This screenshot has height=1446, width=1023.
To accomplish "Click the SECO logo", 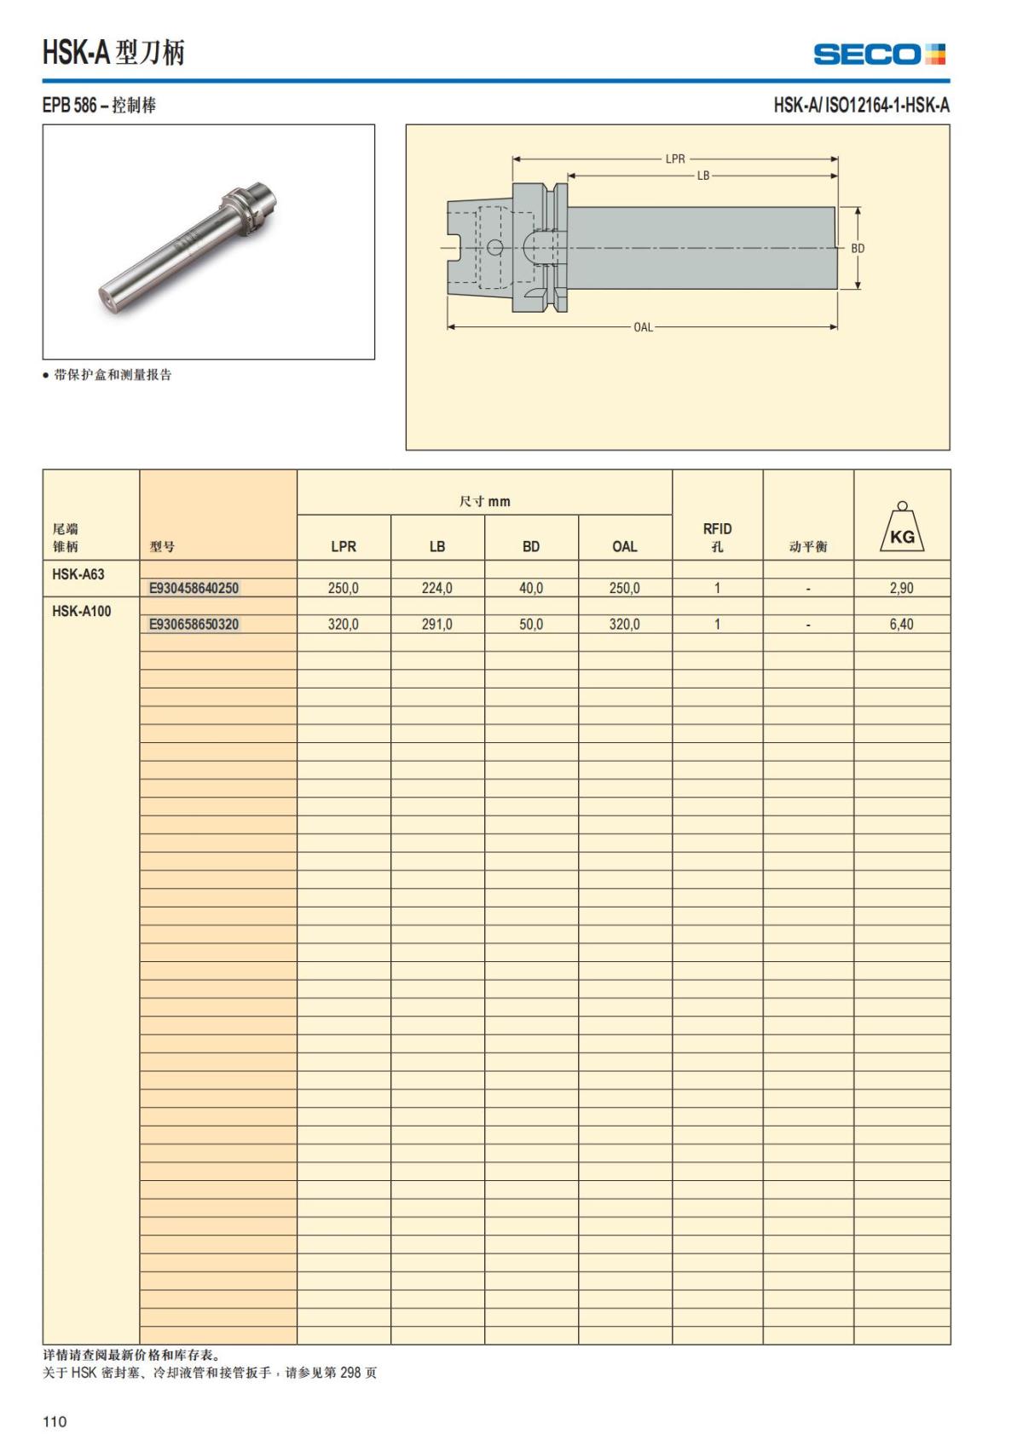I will point(879,55).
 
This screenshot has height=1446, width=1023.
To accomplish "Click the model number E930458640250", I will point(194,588).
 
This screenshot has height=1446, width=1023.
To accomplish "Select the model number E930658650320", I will point(194,625).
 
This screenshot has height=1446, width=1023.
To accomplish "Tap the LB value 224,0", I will point(436,588).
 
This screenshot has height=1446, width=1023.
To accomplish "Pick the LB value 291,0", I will point(436,625).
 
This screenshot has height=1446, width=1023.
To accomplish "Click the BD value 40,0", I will point(530,588).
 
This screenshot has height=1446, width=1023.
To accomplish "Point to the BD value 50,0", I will point(530,625).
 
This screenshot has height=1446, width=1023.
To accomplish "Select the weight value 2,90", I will point(901,588).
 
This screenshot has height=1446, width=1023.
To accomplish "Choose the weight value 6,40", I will point(901,625).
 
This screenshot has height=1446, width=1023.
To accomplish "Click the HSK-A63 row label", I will point(78,574).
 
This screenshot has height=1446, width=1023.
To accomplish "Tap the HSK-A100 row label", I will point(82,611).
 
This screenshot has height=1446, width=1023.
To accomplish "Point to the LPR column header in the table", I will point(344,547).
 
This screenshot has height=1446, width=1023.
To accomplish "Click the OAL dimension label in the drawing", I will point(643,327).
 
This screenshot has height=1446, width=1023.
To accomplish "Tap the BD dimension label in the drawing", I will point(858,249).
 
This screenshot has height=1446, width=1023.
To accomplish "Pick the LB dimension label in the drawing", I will point(703,176).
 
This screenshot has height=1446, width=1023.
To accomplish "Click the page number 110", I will point(55,1421).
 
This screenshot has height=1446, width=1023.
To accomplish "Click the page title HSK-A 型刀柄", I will point(113,53).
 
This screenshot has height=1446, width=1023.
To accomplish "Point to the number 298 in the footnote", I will point(351,1373).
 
